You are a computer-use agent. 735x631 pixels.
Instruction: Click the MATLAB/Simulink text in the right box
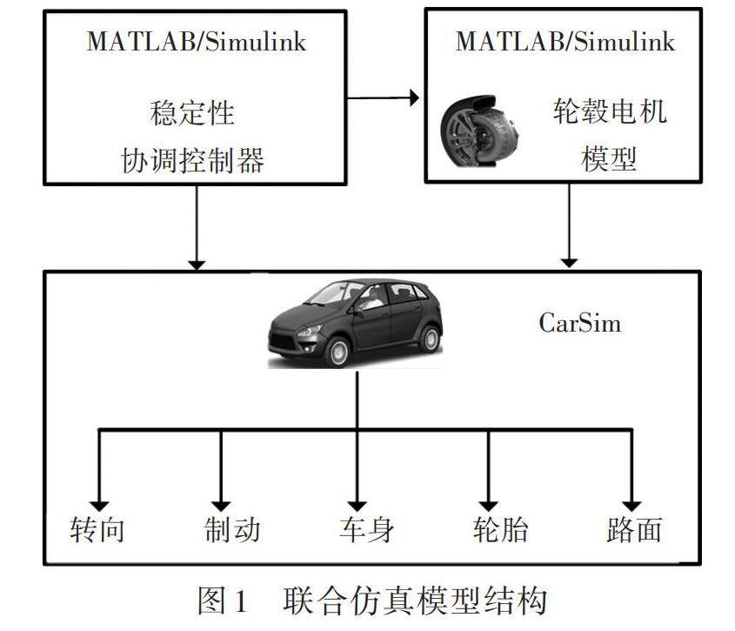point(565,42)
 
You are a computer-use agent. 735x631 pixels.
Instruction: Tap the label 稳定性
point(192,113)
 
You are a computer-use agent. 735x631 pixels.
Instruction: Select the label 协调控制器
point(192,160)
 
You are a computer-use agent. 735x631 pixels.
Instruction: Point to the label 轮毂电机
point(610,112)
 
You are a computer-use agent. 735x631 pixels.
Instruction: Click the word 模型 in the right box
point(609,159)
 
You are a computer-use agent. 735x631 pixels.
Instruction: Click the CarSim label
point(580,324)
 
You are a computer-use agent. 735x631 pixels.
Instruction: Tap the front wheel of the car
point(337,351)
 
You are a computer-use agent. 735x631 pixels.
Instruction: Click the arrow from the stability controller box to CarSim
point(197,226)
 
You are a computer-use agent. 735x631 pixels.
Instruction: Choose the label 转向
point(97,529)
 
